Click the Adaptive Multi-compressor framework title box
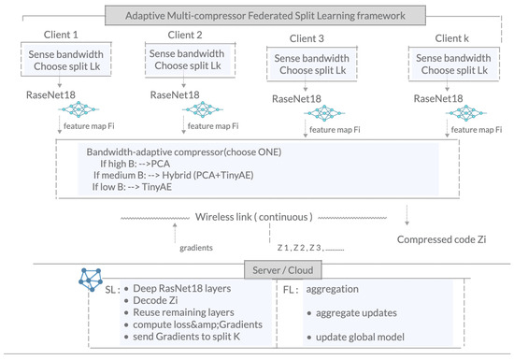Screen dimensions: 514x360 (265, 15)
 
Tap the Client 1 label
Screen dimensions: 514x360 (61, 35)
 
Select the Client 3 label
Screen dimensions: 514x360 (307, 38)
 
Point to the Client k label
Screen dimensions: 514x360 (451, 38)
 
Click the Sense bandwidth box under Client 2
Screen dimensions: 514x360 (190, 60)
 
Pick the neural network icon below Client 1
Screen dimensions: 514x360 (79, 109)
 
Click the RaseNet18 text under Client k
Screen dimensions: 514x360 (438, 98)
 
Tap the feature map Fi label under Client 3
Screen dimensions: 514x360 (335, 130)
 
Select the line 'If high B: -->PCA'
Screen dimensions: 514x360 (136, 164)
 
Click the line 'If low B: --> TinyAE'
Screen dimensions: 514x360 (132, 187)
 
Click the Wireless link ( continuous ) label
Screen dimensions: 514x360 (253, 217)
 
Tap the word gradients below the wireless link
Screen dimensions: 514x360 (196, 248)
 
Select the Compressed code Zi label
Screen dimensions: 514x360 (441, 239)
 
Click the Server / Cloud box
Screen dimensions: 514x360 (283, 270)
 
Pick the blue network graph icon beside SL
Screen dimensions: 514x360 (91, 280)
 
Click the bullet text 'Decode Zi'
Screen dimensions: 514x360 (155, 300)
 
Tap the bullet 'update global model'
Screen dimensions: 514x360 (360, 337)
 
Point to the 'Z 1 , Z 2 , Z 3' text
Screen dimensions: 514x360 (300, 248)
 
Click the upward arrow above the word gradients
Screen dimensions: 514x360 (175, 233)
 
